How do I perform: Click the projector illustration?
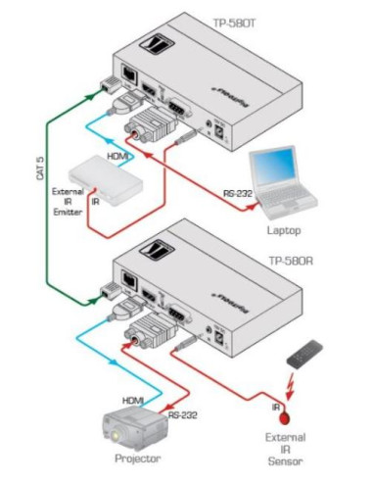[136, 427]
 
